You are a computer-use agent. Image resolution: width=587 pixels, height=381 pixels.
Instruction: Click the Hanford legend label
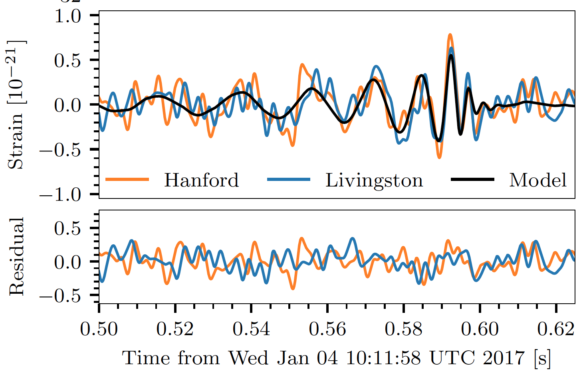(201, 180)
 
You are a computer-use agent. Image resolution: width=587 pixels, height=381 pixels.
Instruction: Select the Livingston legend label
(374, 180)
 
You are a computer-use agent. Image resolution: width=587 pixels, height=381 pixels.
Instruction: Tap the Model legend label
(537, 180)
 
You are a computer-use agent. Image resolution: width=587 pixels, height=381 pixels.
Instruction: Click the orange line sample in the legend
(127, 180)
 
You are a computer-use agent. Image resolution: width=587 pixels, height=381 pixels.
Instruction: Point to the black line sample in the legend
(472, 180)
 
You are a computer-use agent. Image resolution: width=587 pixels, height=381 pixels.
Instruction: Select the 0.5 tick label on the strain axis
(67, 61)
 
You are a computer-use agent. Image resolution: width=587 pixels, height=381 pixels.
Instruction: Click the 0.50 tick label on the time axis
(99, 330)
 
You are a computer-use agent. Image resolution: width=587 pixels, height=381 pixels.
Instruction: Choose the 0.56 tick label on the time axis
(327, 330)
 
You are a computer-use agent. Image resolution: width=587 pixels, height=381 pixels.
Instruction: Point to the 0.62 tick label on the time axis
(556, 330)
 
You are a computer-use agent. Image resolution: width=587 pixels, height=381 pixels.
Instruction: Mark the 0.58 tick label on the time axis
(404, 330)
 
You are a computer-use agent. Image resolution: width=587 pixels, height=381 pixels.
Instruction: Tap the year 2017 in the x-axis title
(503, 358)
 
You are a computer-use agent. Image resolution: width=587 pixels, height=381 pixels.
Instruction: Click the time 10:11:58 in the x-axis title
(383, 358)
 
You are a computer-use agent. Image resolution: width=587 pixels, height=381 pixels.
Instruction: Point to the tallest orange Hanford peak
(450, 35)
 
